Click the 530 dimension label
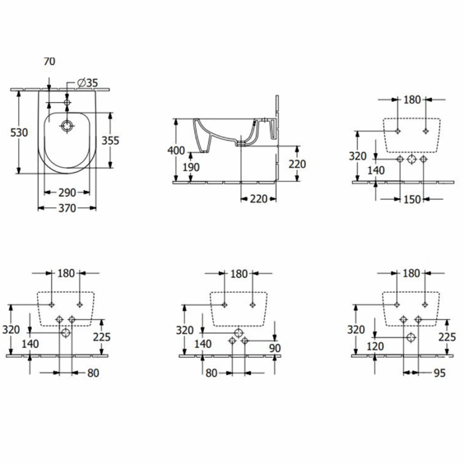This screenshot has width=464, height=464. point(19,133)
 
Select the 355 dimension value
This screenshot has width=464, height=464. point(111,141)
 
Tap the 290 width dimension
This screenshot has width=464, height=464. point(67,193)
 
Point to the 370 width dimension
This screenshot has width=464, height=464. point(67,208)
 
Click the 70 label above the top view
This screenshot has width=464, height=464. point(50,61)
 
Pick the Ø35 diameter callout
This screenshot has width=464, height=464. point(87,83)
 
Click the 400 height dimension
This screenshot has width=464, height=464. point(176,150)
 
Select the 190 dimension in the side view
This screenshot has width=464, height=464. point(191,168)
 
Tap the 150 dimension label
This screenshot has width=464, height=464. point(412,200)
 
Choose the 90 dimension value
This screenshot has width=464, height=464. point(275,348)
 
